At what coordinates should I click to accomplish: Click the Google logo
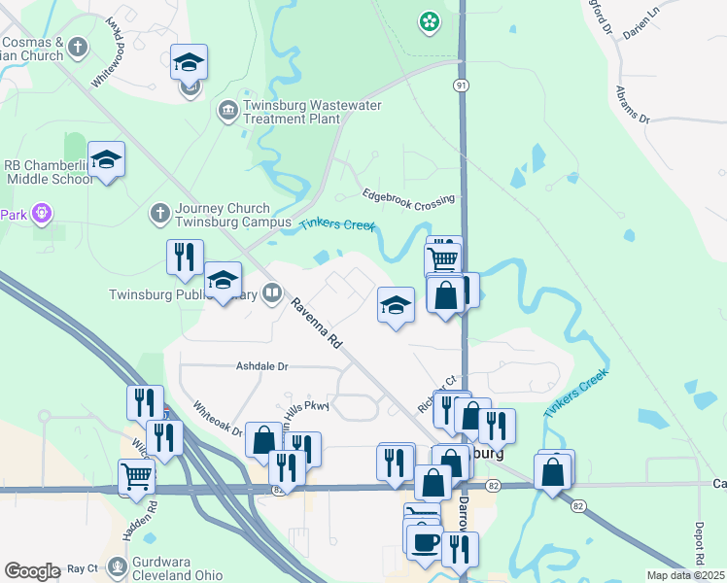click(x=32, y=571)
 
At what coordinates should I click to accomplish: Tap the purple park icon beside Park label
click(x=40, y=212)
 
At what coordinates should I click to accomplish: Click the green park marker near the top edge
click(x=427, y=20)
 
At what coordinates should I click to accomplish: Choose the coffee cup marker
click(x=424, y=540)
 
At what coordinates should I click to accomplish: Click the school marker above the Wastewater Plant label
click(x=190, y=64)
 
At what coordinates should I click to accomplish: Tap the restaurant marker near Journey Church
click(x=184, y=257)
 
